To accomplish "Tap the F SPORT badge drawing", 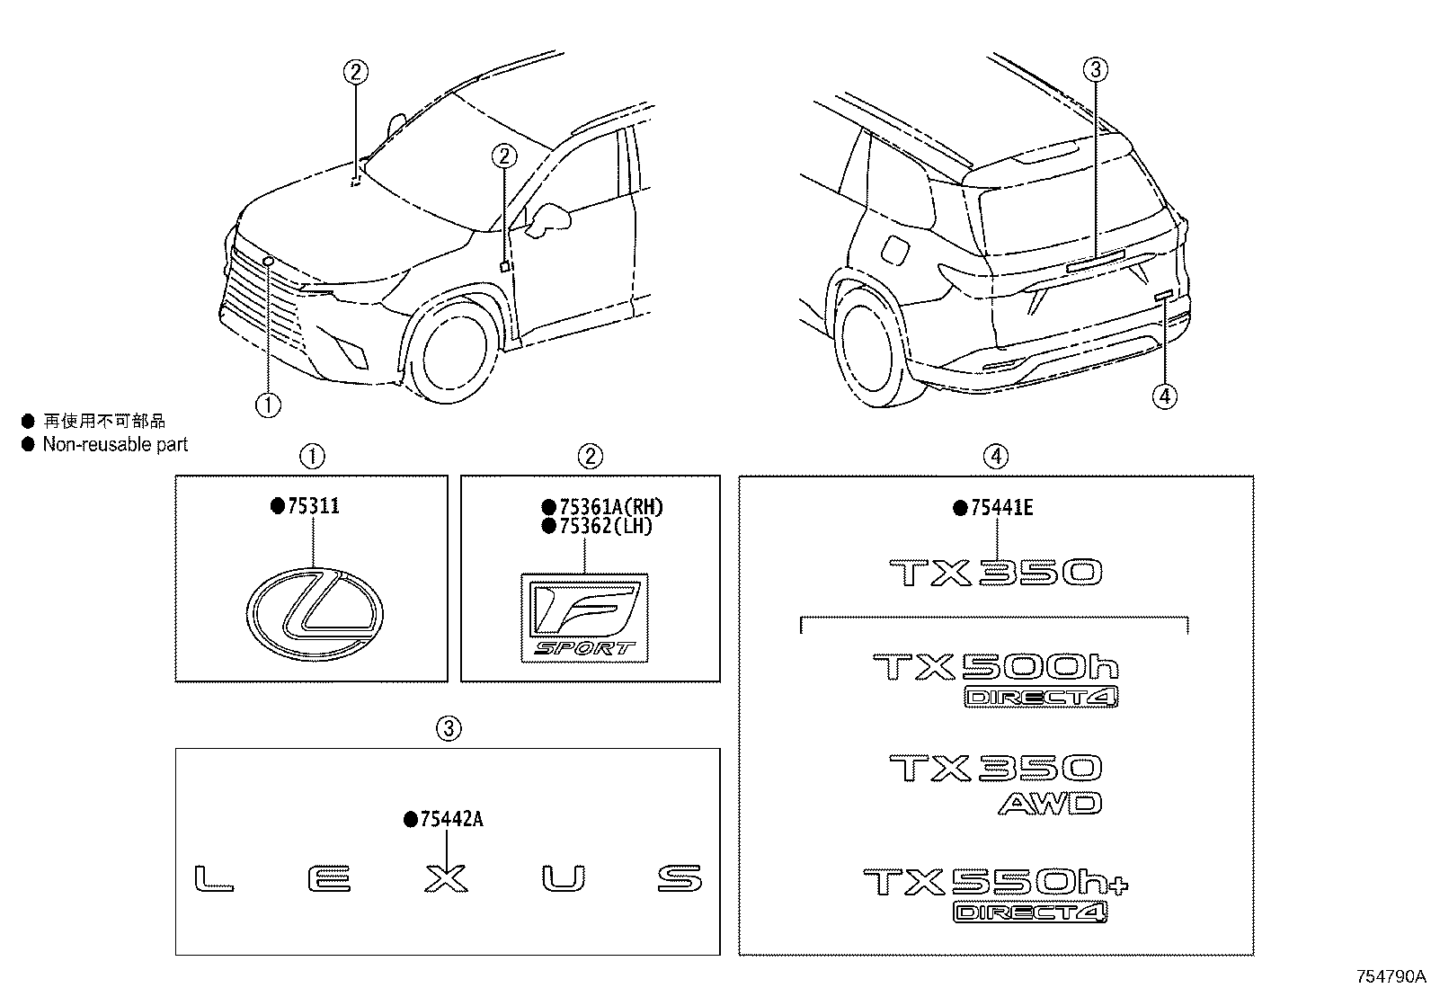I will [585, 619].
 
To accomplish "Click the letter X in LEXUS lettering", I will [446, 878].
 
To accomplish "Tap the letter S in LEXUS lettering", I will [679, 878].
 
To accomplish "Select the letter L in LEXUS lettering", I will [214, 878].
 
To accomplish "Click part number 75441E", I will [1001, 508].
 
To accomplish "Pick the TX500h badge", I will [996, 667].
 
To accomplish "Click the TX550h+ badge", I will [995, 882].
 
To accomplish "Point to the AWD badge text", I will [1049, 803].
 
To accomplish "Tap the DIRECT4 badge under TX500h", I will [1041, 697].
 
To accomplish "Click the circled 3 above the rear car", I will [1095, 68].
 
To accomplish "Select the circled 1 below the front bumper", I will [268, 405].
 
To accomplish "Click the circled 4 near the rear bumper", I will [1164, 396].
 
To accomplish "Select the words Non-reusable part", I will [115, 444].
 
